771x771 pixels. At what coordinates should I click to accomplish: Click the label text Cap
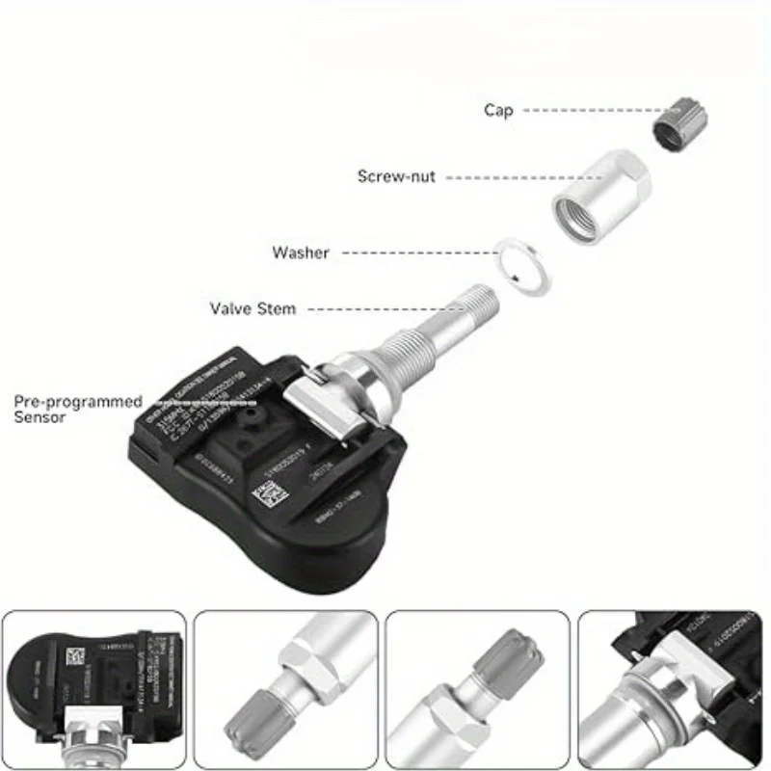click(x=498, y=111)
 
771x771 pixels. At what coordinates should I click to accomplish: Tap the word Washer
click(x=300, y=253)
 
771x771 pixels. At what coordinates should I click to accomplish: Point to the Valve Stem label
click(x=253, y=309)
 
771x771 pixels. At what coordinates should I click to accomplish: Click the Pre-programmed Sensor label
click(x=78, y=409)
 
